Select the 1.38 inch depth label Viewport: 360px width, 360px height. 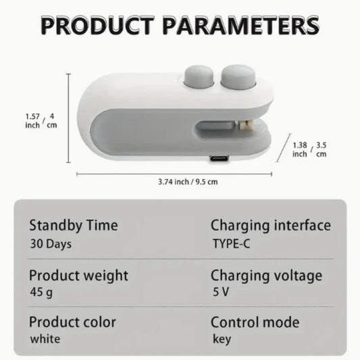click(x=300, y=149)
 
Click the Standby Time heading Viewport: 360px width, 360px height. click(x=73, y=225)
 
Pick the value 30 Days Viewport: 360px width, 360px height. click(x=51, y=243)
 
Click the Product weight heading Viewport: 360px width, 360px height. click(x=78, y=275)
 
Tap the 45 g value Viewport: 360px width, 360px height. click(x=42, y=293)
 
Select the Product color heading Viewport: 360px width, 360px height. click(x=72, y=322)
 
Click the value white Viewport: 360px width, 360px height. click(x=45, y=338)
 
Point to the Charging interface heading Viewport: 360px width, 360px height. click(x=270, y=225)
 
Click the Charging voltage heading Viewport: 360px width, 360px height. click(x=266, y=275)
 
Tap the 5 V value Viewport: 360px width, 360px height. click(x=220, y=293)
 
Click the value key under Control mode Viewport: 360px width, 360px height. click(x=221, y=338)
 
